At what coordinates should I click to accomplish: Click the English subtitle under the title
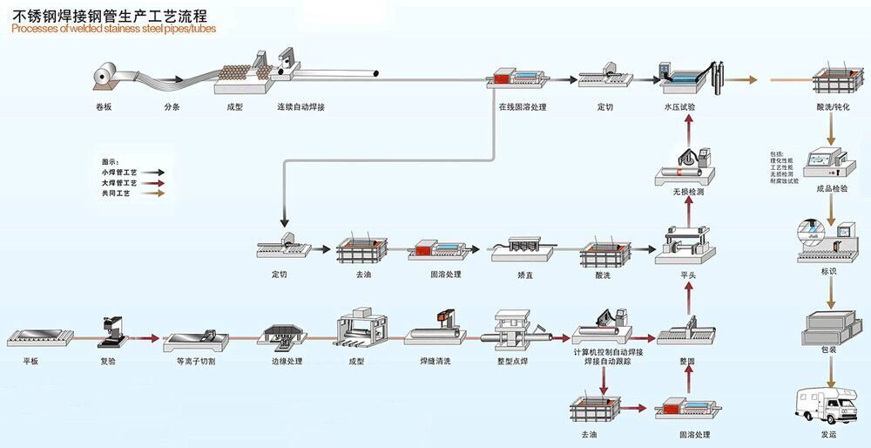click(114, 28)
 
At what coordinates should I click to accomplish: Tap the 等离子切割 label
click(195, 361)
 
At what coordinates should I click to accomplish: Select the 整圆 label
click(688, 360)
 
